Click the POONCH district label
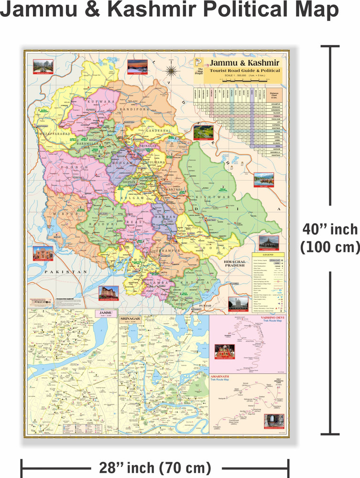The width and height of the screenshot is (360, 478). tap(74, 168)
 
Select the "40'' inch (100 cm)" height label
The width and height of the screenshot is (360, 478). tap(329, 238)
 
